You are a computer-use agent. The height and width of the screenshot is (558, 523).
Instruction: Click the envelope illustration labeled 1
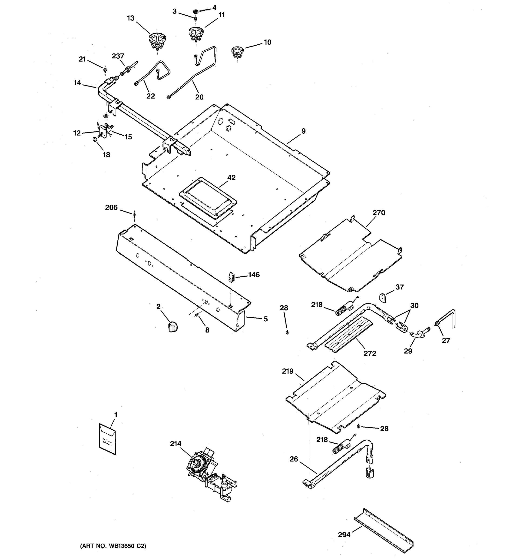click(107, 439)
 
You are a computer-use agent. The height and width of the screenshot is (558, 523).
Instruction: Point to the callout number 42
click(231, 177)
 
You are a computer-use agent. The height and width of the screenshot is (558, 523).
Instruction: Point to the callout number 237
click(118, 56)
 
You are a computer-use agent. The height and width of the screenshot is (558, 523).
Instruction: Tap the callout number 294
click(344, 535)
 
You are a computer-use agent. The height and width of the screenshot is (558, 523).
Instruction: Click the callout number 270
click(379, 213)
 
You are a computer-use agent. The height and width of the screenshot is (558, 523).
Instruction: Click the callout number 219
click(288, 371)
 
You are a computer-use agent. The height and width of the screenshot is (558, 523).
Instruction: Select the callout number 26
click(294, 459)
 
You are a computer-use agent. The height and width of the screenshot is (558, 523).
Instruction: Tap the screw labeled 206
click(134, 215)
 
